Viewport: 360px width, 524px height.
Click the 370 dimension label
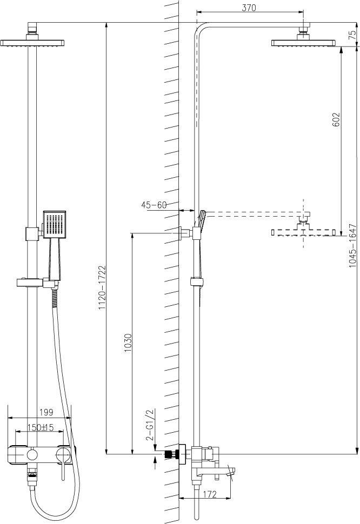tap(249, 8)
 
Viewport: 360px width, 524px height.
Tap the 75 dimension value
tap(352, 35)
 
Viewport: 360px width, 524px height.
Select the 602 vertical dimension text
tap(336, 119)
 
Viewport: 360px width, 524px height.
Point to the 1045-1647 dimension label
tap(352, 246)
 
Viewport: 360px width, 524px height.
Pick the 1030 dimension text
tap(128, 342)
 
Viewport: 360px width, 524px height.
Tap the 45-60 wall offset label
tap(154, 205)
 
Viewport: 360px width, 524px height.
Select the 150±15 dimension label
tap(41, 427)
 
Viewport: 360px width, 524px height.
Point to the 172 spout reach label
tap(210, 494)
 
